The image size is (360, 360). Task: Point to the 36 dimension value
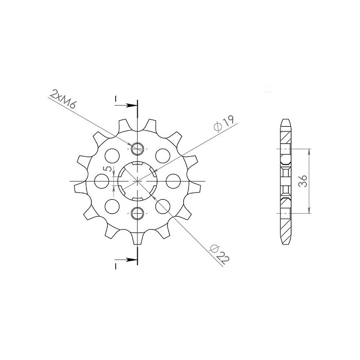pos(303,181)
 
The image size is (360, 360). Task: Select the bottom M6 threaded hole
pos(137,213)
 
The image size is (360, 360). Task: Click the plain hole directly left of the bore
pos(102,181)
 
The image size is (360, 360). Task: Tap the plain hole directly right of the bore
pos(172,181)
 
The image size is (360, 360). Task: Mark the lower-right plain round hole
pos(162,206)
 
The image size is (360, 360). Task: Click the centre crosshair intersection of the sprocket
pos(137,181)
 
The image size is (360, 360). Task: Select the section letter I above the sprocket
pos(117,99)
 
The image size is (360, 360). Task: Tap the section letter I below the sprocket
pos(117,266)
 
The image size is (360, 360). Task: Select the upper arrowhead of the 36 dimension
pos(309,151)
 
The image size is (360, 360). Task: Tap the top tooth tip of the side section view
pos(286,121)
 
